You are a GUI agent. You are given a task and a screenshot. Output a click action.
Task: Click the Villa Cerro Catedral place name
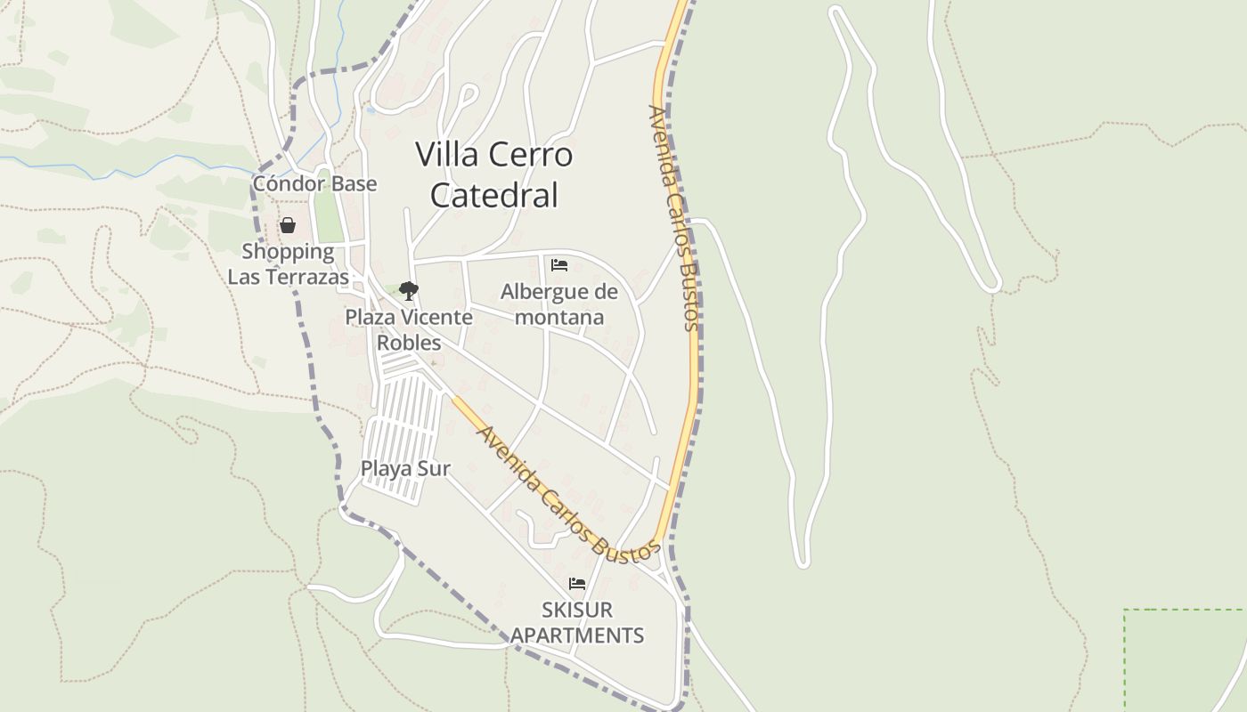coord(493,174)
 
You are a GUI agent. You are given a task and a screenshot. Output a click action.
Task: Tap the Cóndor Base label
coord(314,184)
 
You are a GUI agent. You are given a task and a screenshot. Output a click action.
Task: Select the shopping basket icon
coord(288,226)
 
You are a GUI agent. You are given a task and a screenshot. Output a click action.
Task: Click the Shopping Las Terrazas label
coord(289,264)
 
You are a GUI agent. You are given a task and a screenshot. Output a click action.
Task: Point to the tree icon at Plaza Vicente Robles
coord(409,291)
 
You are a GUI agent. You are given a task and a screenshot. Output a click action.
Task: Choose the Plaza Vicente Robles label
coord(409,330)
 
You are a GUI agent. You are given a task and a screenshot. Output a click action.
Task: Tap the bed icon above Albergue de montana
coord(559,265)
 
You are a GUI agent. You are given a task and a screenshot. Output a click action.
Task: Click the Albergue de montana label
coord(559,304)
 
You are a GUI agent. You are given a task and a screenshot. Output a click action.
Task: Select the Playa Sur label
coord(405,468)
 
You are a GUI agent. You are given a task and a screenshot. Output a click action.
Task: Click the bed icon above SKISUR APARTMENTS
coord(577,584)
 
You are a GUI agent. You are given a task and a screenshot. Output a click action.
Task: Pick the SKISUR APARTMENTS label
coord(577,623)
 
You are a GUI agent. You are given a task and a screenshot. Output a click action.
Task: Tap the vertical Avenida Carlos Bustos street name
coord(673,218)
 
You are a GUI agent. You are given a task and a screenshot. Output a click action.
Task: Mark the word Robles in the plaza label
coord(409,344)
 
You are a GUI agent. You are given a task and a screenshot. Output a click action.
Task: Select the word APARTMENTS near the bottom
coord(577,635)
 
